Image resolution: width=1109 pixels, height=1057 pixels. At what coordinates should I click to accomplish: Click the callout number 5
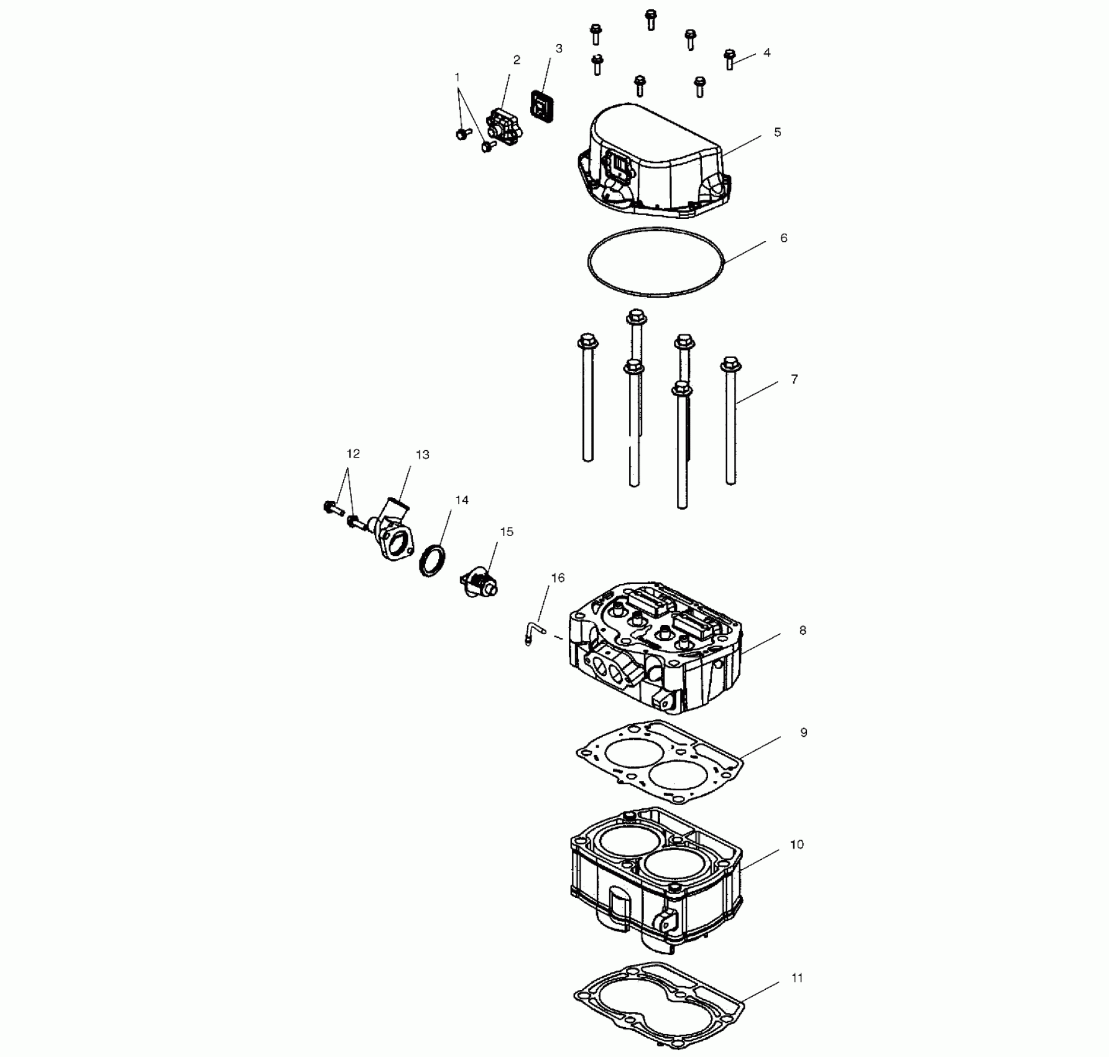tap(778, 132)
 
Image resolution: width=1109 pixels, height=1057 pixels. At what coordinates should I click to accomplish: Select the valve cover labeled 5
tap(653, 165)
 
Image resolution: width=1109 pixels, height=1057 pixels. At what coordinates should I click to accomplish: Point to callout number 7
tap(794, 379)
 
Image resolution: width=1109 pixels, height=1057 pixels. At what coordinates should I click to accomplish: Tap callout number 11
tap(798, 978)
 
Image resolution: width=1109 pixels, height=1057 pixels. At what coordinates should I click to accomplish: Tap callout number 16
tap(558, 578)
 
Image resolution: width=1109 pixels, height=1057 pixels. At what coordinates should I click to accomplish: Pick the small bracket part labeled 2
tap(504, 124)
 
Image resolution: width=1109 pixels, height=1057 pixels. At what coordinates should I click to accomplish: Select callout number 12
tap(353, 455)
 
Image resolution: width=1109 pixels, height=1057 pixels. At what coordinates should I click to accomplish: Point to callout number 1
tap(458, 78)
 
